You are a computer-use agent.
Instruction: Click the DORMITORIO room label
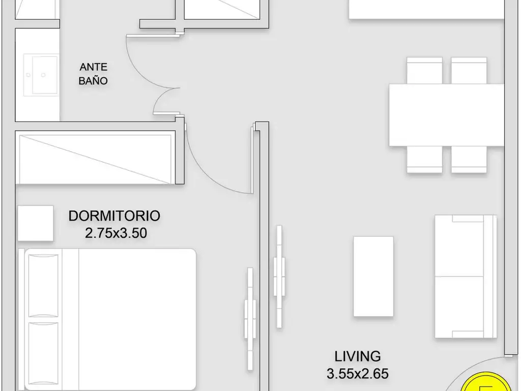tap(114, 216)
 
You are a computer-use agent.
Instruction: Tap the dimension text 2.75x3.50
tap(116, 233)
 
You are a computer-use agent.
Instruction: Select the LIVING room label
tap(358, 356)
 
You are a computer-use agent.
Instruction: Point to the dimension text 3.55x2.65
tap(358, 374)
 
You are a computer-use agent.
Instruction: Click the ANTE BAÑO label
tap(94, 74)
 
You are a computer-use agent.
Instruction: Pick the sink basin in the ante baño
tap(41, 75)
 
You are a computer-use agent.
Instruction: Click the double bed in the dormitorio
tap(107, 319)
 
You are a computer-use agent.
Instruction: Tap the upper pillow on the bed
tap(43, 285)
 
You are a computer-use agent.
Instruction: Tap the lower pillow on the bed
tap(43, 354)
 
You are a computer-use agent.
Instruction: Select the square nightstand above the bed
tap(36, 223)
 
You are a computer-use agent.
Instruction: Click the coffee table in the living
tap(373, 276)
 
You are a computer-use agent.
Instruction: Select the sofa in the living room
tap(466, 276)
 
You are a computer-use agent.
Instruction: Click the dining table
tap(447, 115)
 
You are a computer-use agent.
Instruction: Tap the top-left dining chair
tap(425, 70)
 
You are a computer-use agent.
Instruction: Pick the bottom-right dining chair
tap(469, 159)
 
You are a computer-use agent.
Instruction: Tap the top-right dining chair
tap(469, 70)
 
